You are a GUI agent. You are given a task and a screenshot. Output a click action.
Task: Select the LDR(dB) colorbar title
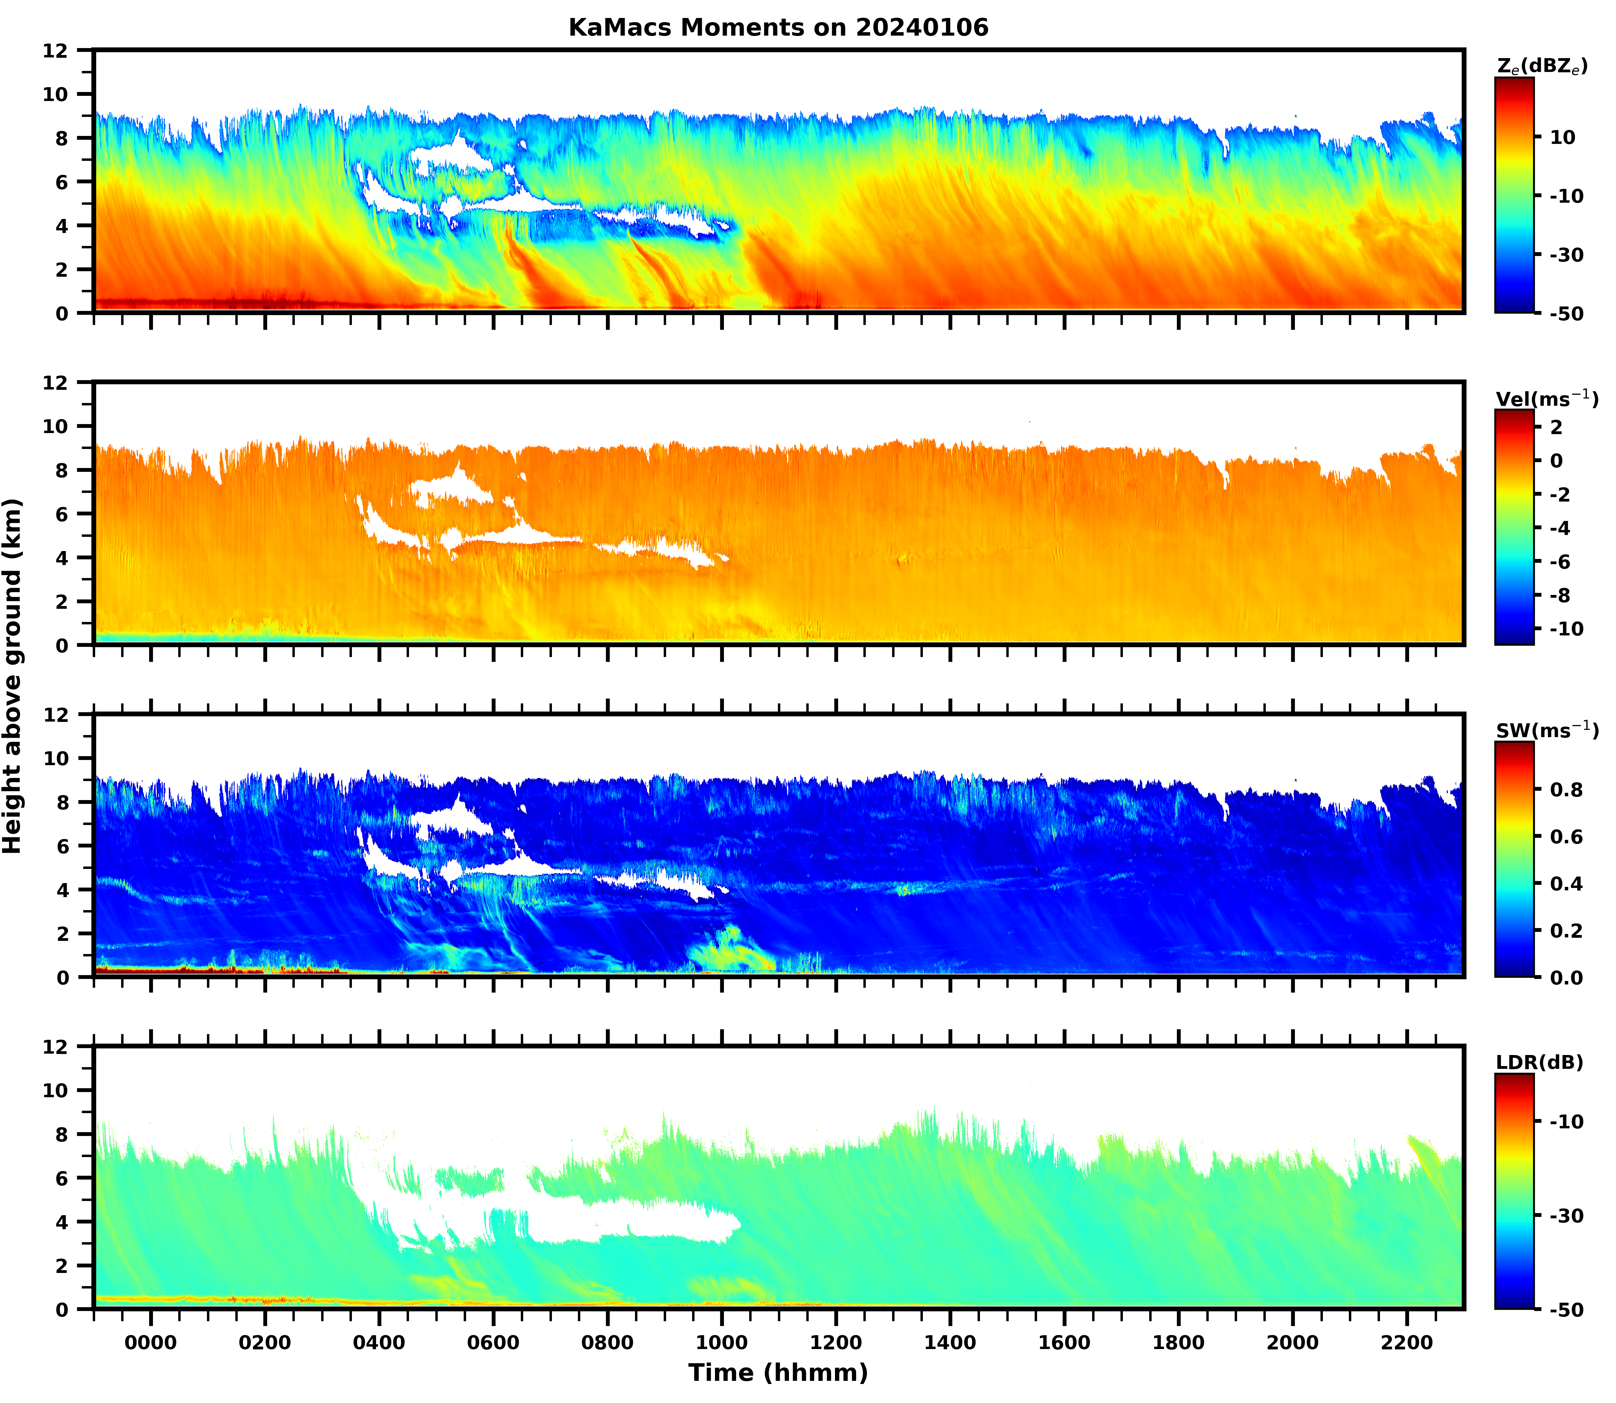tap(1539, 1062)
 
